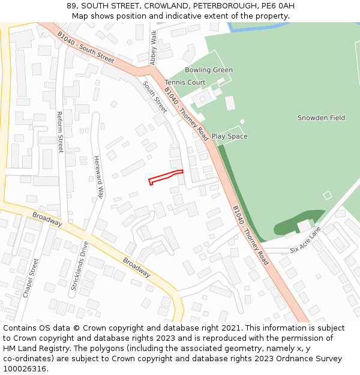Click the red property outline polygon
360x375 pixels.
165,177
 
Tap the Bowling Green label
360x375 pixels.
208,70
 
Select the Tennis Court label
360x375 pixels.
185,82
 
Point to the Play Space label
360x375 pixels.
229,136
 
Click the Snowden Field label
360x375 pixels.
321,118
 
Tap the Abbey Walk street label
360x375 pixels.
154,47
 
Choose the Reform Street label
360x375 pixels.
60,132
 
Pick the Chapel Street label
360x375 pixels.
31,278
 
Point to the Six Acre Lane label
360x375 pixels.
305,240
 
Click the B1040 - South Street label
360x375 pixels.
86,47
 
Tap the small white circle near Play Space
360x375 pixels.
242,121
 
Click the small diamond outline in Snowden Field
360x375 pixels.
327,195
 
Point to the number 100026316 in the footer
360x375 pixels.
25,369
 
